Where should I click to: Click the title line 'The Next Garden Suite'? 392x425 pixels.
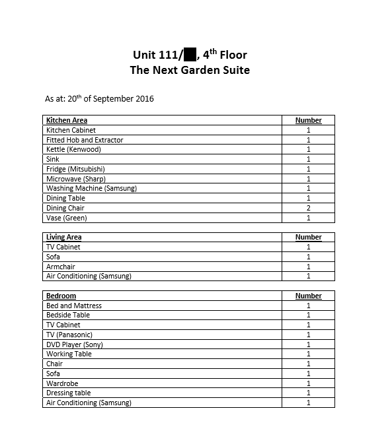190,70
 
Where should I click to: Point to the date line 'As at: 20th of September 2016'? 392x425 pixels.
99,99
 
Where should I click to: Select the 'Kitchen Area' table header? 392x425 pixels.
67,121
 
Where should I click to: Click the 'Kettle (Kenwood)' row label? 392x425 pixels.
73,150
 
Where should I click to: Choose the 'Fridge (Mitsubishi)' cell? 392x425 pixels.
75,169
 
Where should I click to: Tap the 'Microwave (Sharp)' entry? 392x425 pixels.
75,179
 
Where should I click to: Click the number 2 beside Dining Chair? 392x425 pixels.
308,208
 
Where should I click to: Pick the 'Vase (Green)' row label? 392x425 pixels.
66,218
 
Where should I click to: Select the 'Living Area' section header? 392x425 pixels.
64,237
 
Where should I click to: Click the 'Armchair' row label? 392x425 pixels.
61,267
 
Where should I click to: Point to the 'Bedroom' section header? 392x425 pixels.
61,296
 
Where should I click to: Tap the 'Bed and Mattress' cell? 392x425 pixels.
74,306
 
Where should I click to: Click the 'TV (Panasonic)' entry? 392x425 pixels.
69,335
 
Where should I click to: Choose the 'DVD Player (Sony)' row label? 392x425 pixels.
75,344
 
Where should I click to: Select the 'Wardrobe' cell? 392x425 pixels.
62,383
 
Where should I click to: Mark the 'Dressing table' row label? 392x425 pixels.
69,393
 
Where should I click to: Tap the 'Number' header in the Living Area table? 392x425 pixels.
308,237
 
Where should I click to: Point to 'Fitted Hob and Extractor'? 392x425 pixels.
85,140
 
